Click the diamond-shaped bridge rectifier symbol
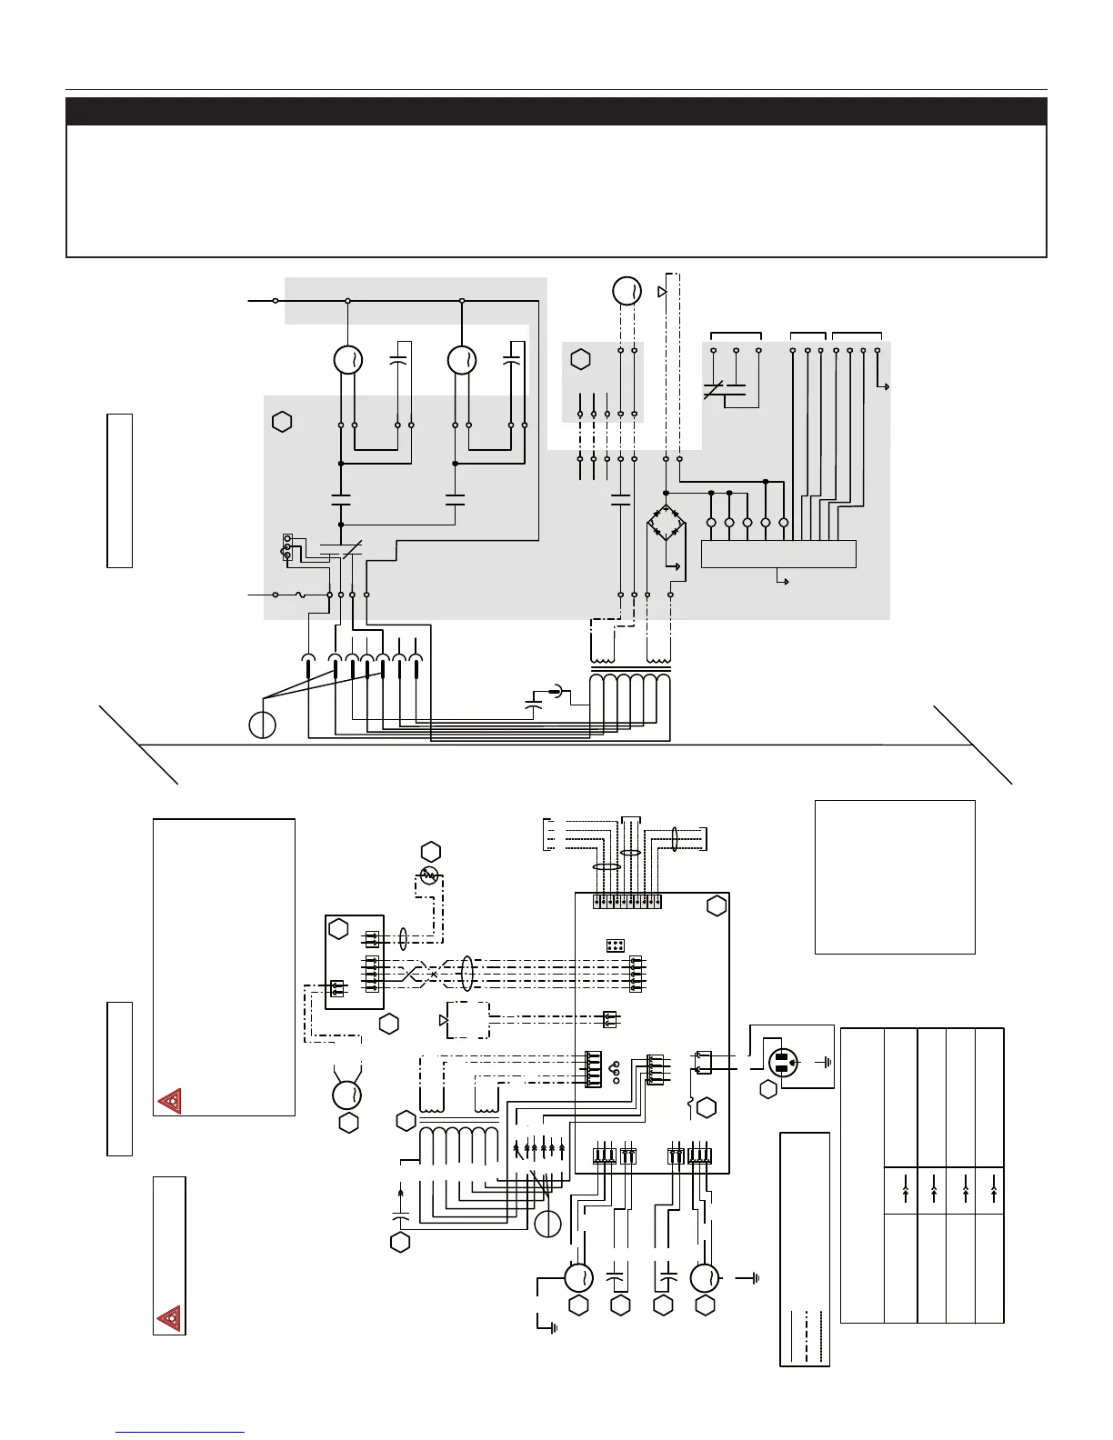tap(667, 523)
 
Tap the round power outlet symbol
tap(784, 1061)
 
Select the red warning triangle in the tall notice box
tap(169, 1102)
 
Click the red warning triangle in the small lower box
tap(168, 1316)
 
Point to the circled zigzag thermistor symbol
tap(430, 875)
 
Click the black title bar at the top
tap(556, 111)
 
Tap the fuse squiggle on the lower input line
tap(299, 595)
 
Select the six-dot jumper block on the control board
tap(615, 945)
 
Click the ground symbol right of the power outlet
tap(825, 1061)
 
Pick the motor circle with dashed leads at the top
tap(625, 291)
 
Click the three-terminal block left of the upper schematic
tap(287, 546)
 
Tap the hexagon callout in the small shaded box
tap(580, 359)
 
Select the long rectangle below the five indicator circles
tap(778, 554)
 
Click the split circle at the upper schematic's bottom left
tap(262, 725)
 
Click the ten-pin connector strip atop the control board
tap(627, 902)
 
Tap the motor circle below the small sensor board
tap(347, 1094)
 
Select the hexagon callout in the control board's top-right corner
tap(716, 905)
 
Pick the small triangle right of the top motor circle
tap(661, 292)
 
